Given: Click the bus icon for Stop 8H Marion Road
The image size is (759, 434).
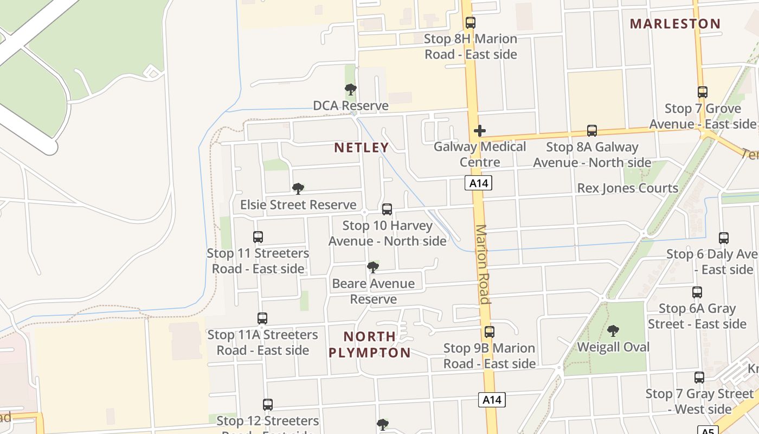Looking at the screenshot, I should [470, 23].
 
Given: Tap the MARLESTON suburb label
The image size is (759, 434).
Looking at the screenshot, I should [675, 24].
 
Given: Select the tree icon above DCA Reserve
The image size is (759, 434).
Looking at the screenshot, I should [351, 90].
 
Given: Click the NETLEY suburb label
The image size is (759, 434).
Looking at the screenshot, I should [362, 148].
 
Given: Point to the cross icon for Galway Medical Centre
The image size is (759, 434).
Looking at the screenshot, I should [479, 131].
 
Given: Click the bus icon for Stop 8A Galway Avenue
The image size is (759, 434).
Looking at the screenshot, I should [592, 131].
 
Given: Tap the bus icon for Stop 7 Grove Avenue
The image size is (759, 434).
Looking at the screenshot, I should [703, 92].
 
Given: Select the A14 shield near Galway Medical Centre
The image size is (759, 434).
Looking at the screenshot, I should [478, 183].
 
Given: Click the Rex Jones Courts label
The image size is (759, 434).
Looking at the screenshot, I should [627, 188].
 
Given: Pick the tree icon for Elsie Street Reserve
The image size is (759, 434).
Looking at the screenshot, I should [298, 189].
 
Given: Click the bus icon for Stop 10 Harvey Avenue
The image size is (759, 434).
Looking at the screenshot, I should [387, 209].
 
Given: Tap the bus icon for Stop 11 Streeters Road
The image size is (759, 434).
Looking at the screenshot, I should [258, 237].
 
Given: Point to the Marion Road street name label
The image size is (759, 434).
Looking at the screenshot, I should [483, 264].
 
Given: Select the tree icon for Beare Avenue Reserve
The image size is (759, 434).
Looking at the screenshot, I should [372, 267].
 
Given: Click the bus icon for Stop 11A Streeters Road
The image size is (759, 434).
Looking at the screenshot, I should [262, 318].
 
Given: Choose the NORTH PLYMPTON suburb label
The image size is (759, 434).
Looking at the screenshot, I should [370, 344].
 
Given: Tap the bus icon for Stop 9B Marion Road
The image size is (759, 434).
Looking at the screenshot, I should [489, 332].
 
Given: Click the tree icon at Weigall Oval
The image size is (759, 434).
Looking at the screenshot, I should [613, 330].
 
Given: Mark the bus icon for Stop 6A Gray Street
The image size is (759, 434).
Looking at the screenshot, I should [697, 292].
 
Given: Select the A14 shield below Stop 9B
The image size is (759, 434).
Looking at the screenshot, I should [492, 400].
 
